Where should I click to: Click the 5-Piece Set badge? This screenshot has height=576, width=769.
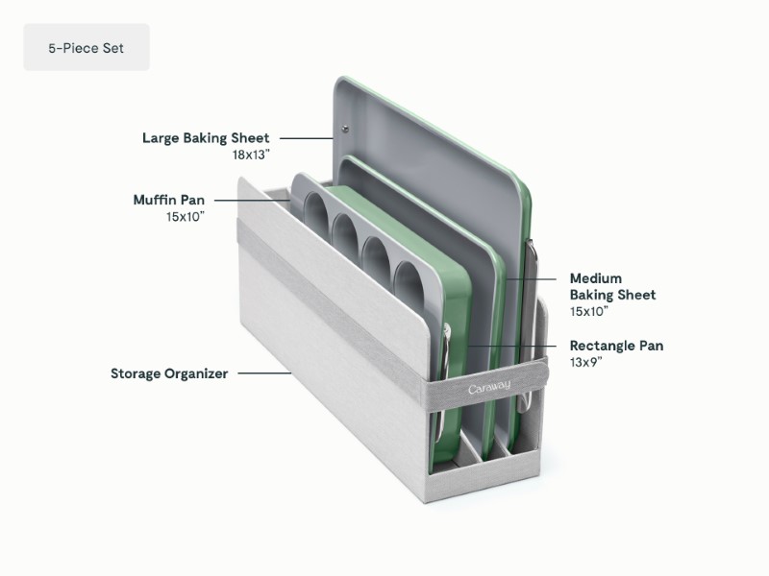86,47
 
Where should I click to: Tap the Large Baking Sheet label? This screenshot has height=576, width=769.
206,138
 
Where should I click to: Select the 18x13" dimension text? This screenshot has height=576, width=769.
250,155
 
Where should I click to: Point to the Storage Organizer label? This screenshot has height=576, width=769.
169,373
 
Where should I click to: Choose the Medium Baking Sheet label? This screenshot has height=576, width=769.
612,286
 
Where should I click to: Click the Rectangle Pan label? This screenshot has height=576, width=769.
616,346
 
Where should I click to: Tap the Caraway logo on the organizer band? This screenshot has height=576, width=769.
489,387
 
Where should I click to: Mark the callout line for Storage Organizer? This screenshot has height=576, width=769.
263,373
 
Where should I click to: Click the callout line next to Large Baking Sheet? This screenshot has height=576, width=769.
306,138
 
